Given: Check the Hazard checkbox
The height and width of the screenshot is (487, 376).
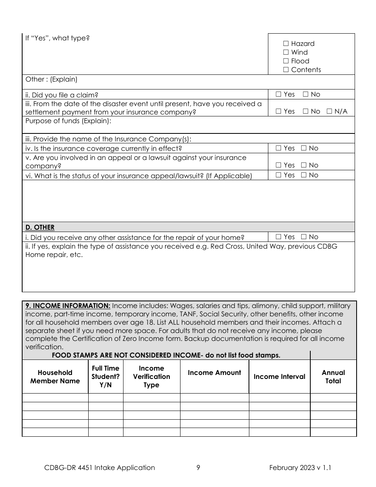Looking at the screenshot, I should point(286,44).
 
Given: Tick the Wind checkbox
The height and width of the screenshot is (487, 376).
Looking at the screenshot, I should point(286,53).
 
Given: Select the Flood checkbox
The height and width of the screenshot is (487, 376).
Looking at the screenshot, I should point(286,61).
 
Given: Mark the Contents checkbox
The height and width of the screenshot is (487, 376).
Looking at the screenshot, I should point(286,70).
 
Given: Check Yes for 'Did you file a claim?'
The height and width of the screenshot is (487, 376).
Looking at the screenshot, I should point(279,95).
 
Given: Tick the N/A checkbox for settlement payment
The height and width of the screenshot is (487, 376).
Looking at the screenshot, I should point(329,112).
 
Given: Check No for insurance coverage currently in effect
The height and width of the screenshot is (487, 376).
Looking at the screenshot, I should point(304,148).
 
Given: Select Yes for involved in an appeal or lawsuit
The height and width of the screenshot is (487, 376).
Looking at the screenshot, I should point(279,166).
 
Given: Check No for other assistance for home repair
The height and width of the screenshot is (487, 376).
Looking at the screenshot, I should point(304,237).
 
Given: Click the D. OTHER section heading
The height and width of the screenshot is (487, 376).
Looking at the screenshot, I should point(40,227).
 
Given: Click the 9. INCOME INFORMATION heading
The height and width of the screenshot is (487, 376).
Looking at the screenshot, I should point(68,306).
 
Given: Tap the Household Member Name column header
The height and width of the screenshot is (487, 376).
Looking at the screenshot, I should point(55,377).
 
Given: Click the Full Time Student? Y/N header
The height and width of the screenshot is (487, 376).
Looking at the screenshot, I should point(105,377).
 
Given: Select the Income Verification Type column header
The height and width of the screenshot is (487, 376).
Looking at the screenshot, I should point(151,377).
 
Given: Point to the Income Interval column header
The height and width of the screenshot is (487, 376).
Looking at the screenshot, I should point(279,377).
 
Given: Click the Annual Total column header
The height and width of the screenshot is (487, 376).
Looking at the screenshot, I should point(333,377).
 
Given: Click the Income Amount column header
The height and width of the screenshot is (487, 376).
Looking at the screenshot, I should point(214,373).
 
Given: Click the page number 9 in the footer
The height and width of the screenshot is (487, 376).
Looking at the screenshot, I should point(198,468).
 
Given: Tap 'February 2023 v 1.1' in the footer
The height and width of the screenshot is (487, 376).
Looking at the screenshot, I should point(300,468).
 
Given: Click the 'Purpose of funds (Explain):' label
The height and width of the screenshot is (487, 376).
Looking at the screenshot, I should point(68,121).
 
